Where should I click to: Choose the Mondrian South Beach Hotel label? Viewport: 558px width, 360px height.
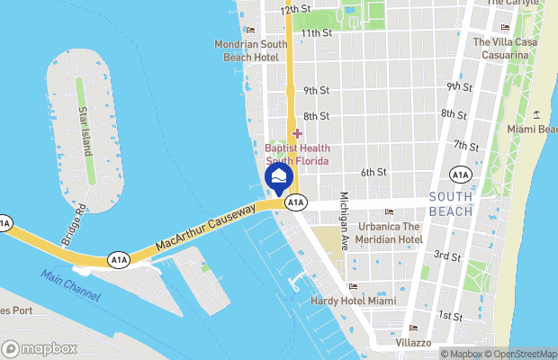pyautogui.click(x=251, y=49)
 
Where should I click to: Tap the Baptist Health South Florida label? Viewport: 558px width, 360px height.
pyautogui.click(x=297, y=154)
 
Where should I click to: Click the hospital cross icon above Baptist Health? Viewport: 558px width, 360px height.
pyautogui.click(x=297, y=133)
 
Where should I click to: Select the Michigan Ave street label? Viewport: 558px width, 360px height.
pyautogui.click(x=343, y=221)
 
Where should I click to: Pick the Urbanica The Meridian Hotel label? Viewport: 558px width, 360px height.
pyautogui.click(x=388, y=232)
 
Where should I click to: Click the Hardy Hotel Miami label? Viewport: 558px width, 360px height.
pyautogui.click(x=353, y=300)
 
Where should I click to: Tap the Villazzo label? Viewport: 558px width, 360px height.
pyautogui.click(x=413, y=342)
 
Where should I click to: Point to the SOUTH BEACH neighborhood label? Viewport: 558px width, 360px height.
pyautogui.click(x=451, y=203)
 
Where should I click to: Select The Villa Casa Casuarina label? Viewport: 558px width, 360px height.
pyautogui.click(x=500, y=49)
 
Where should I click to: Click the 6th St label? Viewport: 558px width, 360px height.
pyautogui.click(x=373, y=172)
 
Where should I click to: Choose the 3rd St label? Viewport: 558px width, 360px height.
pyautogui.click(x=448, y=256)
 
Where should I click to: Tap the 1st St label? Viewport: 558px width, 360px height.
pyautogui.click(x=450, y=316)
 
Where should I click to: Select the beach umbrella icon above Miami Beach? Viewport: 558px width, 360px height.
pyautogui.click(x=537, y=113)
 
